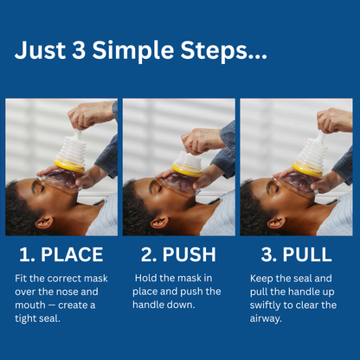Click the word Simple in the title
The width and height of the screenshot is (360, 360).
coord(133,51)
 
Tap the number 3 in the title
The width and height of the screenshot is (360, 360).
coord(79,49)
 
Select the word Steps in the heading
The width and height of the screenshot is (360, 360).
coord(214,51)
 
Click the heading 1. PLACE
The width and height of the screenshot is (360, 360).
coord(61,254)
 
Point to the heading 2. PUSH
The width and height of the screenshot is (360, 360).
coord(178,254)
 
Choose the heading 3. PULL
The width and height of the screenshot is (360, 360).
coord(296,254)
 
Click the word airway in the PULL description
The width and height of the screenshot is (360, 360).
coord(266,319)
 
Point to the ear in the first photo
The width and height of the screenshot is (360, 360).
coord(44,222)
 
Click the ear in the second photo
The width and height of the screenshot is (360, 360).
coord(159,222)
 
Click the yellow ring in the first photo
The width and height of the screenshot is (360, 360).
coord(69,165)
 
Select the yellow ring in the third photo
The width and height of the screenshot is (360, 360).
coord(307,169)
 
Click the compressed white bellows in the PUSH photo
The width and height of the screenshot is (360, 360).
coord(190,159)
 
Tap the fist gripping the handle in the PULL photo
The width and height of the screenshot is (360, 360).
coord(334,120)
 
